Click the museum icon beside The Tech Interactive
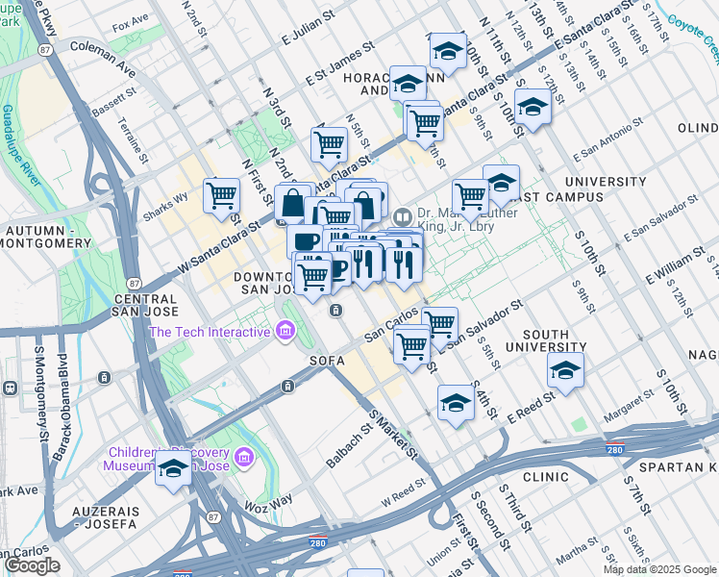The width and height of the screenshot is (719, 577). click(x=285, y=332)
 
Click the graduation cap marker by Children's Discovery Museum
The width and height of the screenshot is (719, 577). click(x=174, y=469)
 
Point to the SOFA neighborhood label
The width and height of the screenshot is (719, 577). click(x=326, y=361)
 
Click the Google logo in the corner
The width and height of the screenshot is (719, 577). click(x=32, y=565)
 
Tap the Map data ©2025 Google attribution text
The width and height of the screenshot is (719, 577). click(x=660, y=569)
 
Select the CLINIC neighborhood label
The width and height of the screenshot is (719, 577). click(x=546, y=476)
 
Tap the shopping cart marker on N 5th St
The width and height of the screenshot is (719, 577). click(x=329, y=144)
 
